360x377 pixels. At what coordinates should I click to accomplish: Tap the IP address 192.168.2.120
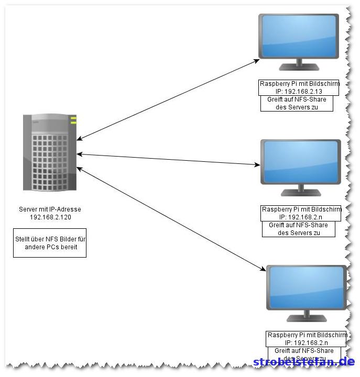pyautogui.click(x=50, y=217)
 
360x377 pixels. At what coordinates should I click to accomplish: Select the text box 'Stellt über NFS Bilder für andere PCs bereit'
pyautogui.click(x=50, y=243)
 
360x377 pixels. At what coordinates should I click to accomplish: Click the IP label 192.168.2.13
pyautogui.click(x=299, y=91)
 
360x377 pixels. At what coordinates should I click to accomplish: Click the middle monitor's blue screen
pyautogui.click(x=301, y=161)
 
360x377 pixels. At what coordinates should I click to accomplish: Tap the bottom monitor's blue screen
pyautogui.click(x=307, y=288)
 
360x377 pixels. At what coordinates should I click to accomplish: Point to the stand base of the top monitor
pyautogui.click(x=299, y=68)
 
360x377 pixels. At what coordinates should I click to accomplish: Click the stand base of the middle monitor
pyautogui.click(x=301, y=193)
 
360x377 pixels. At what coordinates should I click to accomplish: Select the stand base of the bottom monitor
pyautogui.click(x=307, y=319)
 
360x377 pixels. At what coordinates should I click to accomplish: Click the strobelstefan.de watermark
pyautogui.click(x=304, y=362)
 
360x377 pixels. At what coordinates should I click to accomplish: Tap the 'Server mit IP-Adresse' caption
pyautogui.click(x=50, y=209)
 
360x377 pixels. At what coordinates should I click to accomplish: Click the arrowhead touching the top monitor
pyautogui.click(x=257, y=61)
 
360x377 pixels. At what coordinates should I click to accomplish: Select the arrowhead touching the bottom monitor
pyautogui.click(x=264, y=269)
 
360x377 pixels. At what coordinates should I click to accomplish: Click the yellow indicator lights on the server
pyautogui.click(x=73, y=120)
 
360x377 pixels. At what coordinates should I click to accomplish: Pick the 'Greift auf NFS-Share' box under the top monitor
pyautogui.click(x=297, y=103)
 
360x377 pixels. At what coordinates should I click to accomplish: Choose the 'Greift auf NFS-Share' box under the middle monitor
pyautogui.click(x=298, y=229)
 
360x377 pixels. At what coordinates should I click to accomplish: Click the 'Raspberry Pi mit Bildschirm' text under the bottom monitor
pyautogui.click(x=307, y=335)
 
